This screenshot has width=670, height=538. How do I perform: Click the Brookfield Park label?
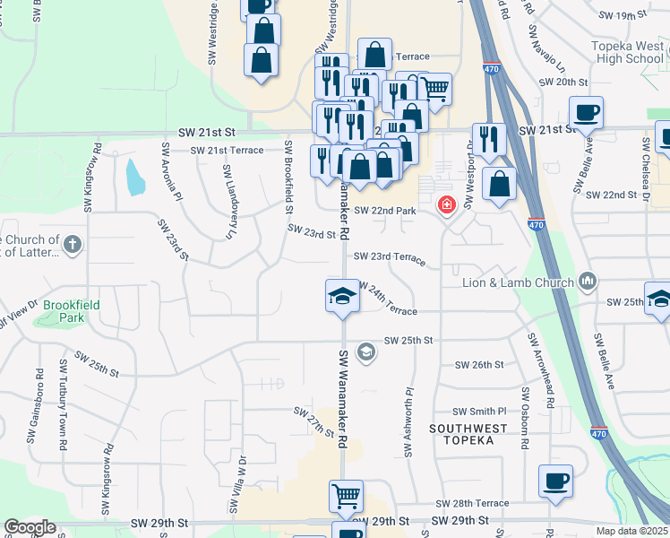point(67,311)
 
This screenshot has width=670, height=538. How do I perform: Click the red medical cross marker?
point(445,206)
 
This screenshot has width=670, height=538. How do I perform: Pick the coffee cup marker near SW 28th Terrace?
point(555,482)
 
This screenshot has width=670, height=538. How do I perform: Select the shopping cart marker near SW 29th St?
point(347,497)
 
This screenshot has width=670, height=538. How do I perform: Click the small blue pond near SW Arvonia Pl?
point(134,178)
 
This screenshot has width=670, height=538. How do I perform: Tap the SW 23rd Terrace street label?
point(390,256)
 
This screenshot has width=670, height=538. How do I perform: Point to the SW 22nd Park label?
point(386,211)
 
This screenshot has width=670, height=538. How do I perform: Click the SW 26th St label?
point(479,365)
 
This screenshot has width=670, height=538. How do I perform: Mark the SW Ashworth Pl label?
point(409,421)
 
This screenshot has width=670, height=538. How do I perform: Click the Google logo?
point(30,527)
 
